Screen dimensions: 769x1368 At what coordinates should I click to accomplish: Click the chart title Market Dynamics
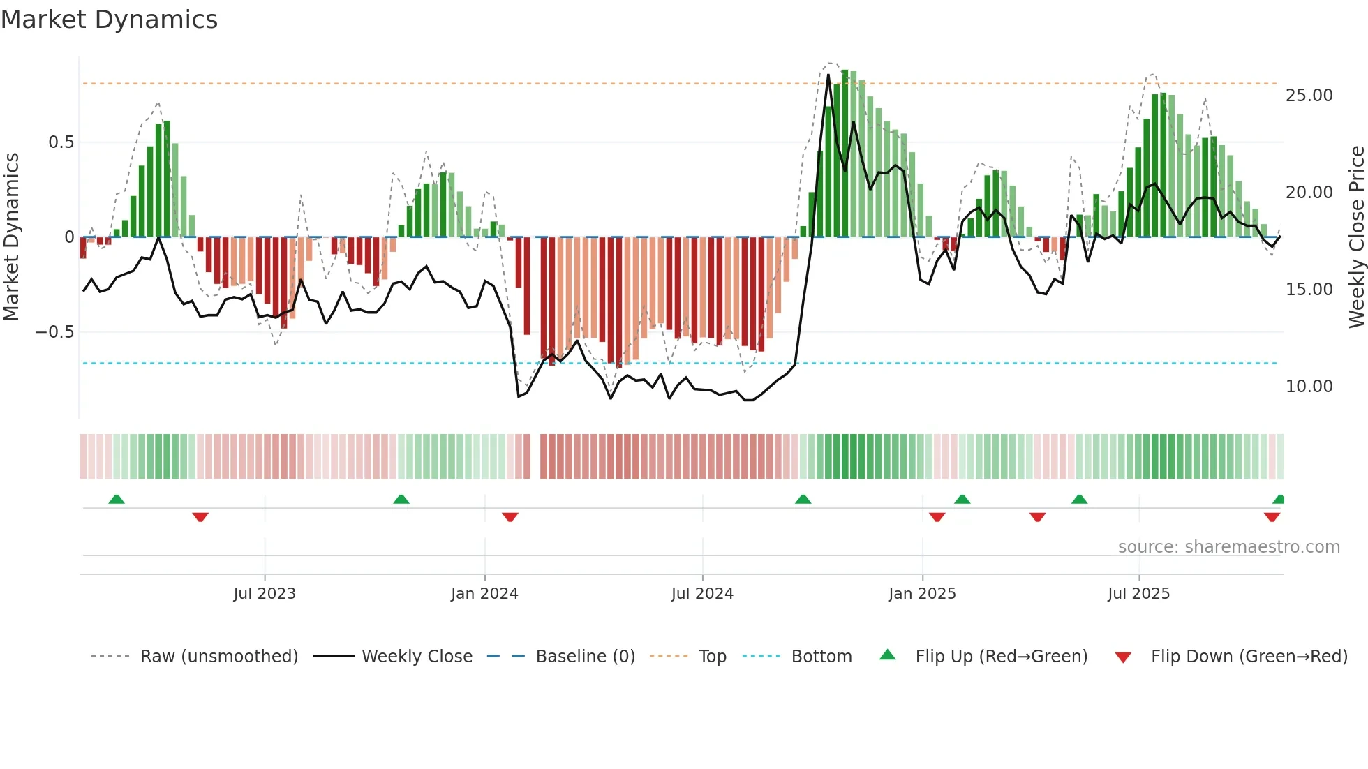(110, 20)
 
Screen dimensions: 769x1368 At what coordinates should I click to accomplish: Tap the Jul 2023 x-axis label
(265, 594)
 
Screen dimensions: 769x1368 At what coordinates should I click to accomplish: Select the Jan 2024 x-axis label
(484, 594)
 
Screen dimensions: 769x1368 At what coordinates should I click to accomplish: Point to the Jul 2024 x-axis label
(702, 594)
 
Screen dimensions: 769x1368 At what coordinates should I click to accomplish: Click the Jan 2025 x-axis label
(922, 594)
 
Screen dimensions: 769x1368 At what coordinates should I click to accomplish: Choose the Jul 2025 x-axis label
(1138, 594)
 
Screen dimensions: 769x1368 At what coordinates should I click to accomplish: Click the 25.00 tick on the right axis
(1309, 96)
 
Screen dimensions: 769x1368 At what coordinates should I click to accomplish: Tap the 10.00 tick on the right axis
(1309, 387)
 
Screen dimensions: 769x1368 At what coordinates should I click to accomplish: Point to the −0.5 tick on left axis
(55, 332)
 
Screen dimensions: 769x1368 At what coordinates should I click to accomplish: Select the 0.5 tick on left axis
(61, 142)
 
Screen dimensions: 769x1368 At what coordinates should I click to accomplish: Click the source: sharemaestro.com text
(1228, 547)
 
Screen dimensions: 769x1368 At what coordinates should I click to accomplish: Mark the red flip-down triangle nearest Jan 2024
(510, 517)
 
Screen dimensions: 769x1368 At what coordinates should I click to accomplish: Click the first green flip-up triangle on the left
(117, 499)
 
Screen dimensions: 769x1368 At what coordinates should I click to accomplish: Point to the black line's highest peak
(828, 75)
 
